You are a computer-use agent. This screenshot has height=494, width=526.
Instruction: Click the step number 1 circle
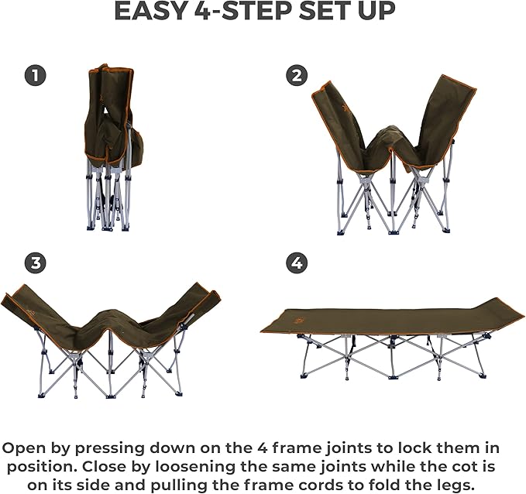tap(35, 75)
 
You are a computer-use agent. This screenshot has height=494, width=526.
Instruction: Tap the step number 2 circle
tap(296, 75)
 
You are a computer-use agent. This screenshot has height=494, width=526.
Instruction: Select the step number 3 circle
tap(35, 263)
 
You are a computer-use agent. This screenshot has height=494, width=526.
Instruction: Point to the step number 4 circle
tap(296, 263)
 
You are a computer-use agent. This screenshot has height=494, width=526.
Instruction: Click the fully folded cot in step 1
tap(111, 147)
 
